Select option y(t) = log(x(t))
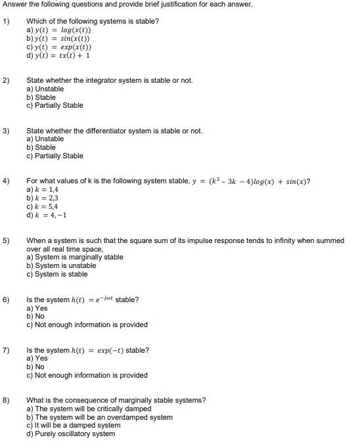58,30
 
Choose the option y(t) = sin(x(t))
58,39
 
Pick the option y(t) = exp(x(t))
58,47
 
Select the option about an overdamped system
99,417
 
